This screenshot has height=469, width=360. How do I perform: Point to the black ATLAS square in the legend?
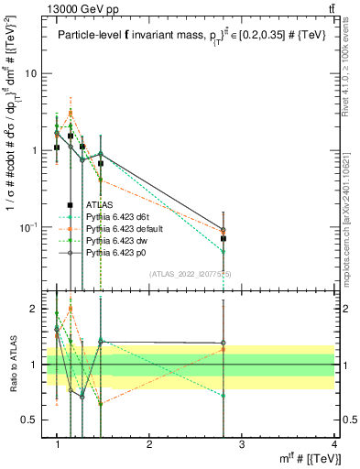tap(70, 205)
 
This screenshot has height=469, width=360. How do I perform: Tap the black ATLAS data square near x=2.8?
tap(224, 238)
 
